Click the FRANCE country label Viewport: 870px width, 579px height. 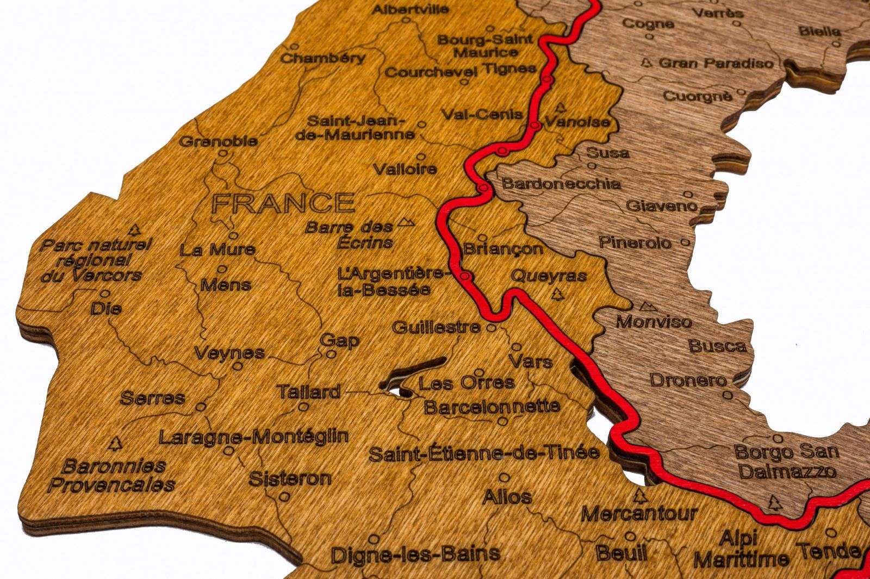pyautogui.click(x=283, y=203)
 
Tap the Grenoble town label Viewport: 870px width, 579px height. pyautogui.click(x=218, y=141)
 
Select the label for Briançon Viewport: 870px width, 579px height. pyautogui.click(x=503, y=249)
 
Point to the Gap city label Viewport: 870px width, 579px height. pyautogui.click(x=340, y=341)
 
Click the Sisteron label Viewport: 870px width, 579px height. pyautogui.click(x=290, y=479)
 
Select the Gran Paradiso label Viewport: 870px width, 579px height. pyautogui.click(x=716, y=63)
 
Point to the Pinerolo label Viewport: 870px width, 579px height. pyautogui.click(x=635, y=242)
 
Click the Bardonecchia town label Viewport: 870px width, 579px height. pyautogui.click(x=561, y=183)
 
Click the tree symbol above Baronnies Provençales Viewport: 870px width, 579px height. pyautogui.click(x=115, y=444)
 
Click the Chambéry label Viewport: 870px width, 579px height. pyautogui.click(x=323, y=58)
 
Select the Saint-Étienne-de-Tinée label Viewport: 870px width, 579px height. pyautogui.click(x=484, y=452)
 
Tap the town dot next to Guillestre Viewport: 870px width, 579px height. pyautogui.click(x=491, y=328)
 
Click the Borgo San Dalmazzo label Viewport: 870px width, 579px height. pyautogui.click(x=787, y=460)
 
